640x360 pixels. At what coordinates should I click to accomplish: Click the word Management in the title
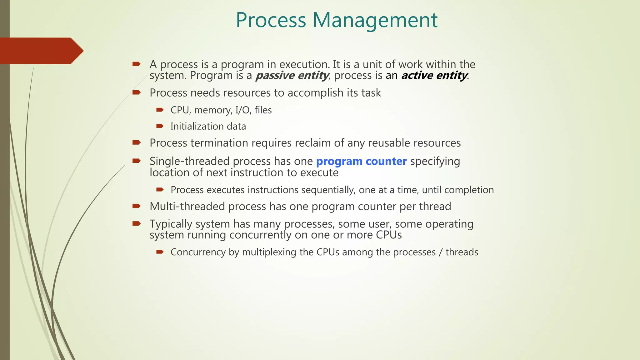tap(375, 20)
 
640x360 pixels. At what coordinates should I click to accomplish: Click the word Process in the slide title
tap(271, 20)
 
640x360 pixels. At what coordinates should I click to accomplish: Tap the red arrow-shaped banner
tap(41, 51)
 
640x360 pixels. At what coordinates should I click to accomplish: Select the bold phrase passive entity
tap(292, 76)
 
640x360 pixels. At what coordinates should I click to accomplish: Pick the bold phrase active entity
tap(434, 76)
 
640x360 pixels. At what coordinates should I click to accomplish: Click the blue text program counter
tap(361, 161)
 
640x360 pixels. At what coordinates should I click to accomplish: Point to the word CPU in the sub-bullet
tap(180, 110)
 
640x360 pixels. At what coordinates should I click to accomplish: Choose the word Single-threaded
tap(189, 161)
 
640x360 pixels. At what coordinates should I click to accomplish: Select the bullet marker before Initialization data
tap(160, 126)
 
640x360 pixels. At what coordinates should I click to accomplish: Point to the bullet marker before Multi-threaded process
tap(137, 206)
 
